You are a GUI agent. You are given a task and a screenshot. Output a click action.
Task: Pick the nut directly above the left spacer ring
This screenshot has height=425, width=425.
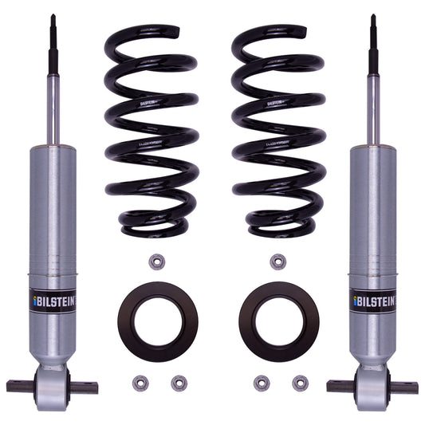[157, 262]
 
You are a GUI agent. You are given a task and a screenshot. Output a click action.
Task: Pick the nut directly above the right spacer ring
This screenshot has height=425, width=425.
[277, 262]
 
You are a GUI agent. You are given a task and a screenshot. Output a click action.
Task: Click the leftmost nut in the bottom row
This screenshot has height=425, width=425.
[139, 383]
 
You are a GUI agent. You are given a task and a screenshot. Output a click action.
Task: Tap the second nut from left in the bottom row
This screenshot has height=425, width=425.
[179, 383]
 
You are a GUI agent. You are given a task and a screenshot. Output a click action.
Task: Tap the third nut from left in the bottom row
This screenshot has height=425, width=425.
[261, 383]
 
